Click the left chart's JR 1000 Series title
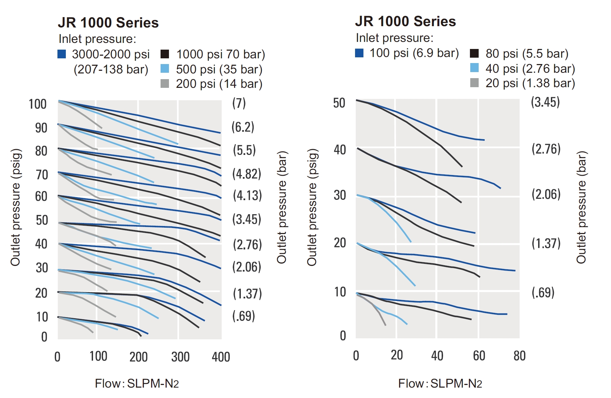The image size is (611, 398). coord(108,23)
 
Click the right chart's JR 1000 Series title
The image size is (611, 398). coord(405,21)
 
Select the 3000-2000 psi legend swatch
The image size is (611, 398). coord(62,54)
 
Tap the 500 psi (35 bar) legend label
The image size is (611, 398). coord(219,69)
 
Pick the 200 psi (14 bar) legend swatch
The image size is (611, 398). coord(165,84)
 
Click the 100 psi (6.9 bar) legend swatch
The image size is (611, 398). coord(359,53)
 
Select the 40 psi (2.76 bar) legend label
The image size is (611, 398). coord(530,69)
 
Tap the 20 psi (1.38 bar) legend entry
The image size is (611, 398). coord(530,83)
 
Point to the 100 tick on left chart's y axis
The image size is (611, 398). coord(37,104)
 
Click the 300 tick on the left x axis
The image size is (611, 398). coord(180,357)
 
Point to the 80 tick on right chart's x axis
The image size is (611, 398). coord(519,356)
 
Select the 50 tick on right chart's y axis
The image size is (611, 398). coord(339,103)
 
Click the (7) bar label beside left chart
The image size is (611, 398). coord(239,103)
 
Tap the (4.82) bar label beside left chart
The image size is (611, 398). coord(247,174)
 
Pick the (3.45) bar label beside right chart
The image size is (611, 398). coord(545,102)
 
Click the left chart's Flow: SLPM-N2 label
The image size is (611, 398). coord(137,383)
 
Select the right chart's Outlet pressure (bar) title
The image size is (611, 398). coord(581,207)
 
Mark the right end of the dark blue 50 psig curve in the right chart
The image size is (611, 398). coord(484,140)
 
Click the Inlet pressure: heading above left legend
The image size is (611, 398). coord(97,39)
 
